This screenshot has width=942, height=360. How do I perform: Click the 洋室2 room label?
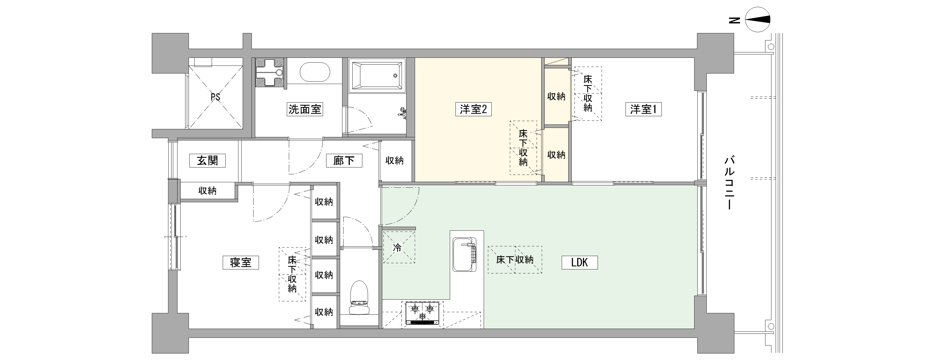[473, 109]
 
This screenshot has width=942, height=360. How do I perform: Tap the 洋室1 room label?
[643, 109]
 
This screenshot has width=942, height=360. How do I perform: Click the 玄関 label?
[207, 160]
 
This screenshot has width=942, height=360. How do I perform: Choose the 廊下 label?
[344, 160]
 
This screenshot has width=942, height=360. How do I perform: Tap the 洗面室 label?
[305, 109]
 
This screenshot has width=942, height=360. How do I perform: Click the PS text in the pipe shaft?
[215, 97]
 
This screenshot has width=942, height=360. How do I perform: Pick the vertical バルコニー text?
[730, 183]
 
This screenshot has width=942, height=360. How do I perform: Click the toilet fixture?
[359, 297]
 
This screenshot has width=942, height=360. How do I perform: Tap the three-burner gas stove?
[422, 313]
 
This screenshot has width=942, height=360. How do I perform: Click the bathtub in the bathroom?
[377, 76]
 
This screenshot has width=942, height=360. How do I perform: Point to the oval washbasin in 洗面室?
[315, 72]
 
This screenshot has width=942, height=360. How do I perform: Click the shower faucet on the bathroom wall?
[402, 113]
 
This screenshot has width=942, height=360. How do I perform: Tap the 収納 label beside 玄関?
[207, 191]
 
